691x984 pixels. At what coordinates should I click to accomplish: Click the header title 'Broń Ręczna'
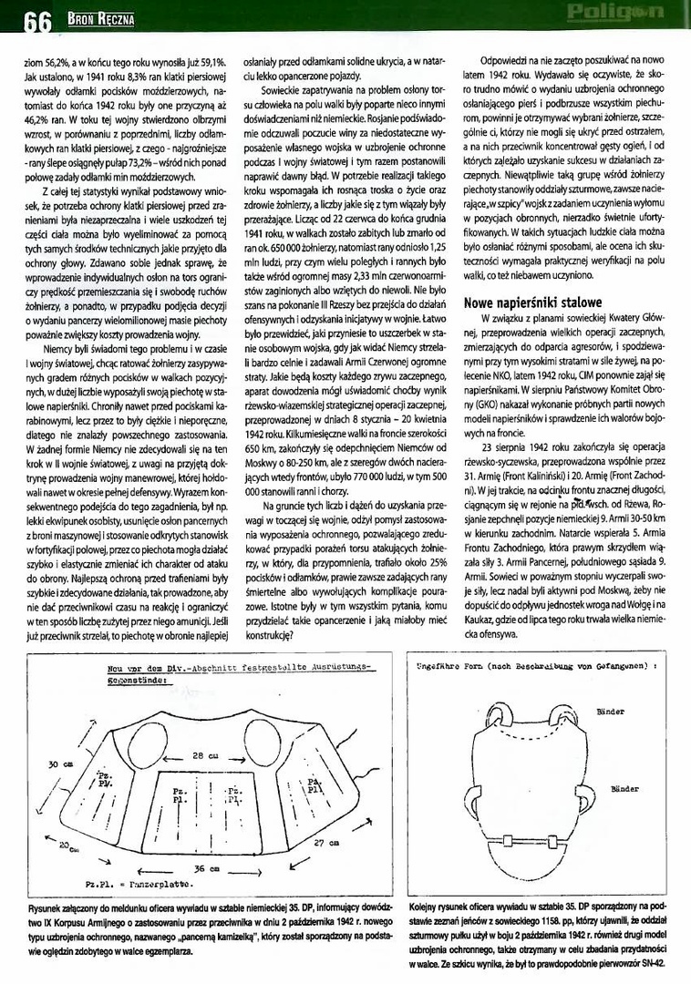(x=100, y=18)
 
